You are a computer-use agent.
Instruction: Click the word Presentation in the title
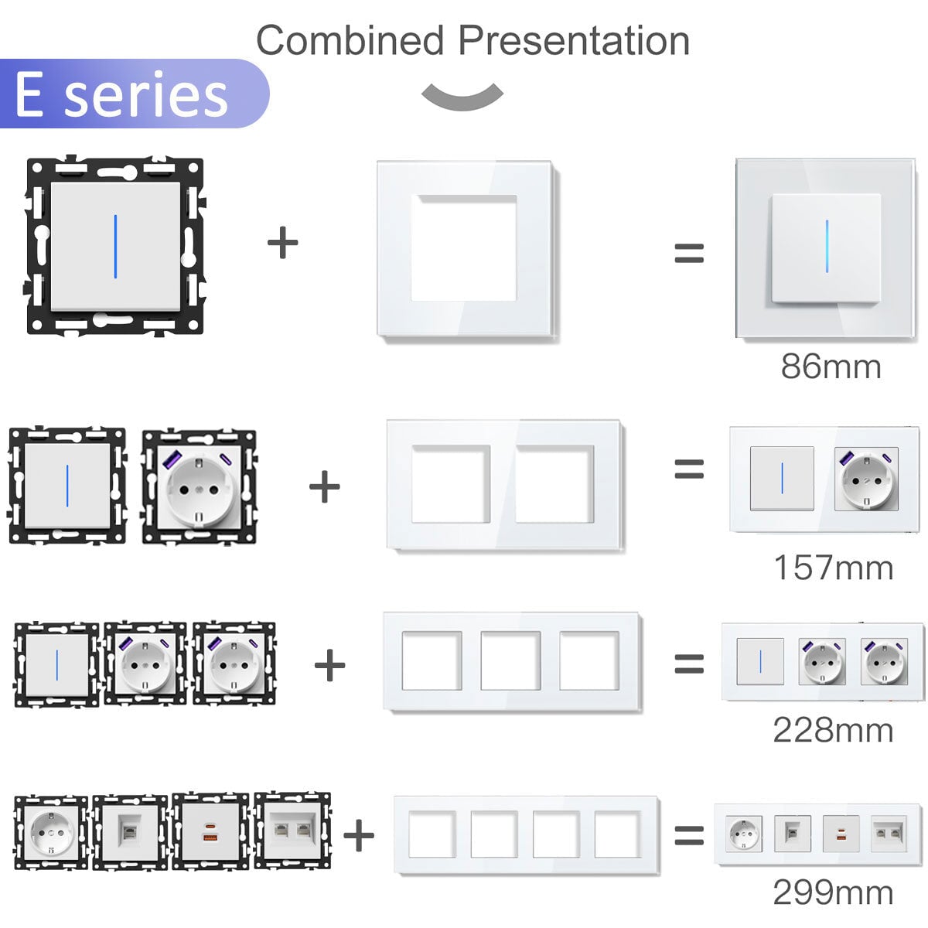[574, 40]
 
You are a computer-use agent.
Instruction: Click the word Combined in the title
[350, 40]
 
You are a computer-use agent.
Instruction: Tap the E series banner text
[121, 94]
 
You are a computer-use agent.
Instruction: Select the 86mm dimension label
[831, 367]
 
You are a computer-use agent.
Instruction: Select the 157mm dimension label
[834, 568]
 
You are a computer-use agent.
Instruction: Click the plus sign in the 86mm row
[283, 242]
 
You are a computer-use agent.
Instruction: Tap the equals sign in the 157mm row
[689, 469]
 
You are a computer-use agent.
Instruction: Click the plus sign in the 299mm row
[359, 835]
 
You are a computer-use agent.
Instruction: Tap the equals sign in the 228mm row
[689, 664]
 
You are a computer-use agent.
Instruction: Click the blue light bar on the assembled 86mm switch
[827, 246]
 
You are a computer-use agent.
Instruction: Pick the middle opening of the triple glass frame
[510, 660]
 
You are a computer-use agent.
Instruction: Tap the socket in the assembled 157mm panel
[866, 479]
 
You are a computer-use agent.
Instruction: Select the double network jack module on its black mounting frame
[293, 831]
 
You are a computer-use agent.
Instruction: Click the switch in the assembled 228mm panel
[760, 661]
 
